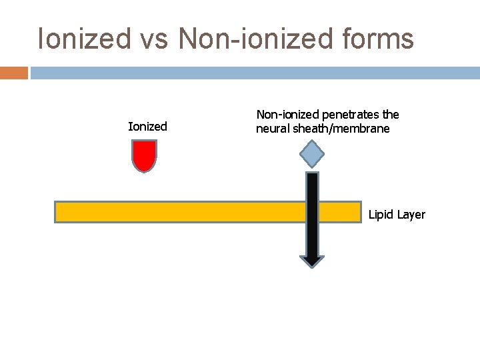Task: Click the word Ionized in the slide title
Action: point(84,39)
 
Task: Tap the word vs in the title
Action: point(155,39)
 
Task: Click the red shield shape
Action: point(145,155)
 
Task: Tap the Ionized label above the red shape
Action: point(147,127)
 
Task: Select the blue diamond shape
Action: point(311,155)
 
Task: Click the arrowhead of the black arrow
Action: point(311,261)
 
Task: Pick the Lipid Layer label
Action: point(397,215)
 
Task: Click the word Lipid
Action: point(381,215)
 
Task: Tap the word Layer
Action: point(411,215)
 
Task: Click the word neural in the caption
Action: point(271,129)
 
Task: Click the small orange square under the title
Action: point(14,72)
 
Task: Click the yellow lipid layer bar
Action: point(180,212)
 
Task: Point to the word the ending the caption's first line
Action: point(391,115)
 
